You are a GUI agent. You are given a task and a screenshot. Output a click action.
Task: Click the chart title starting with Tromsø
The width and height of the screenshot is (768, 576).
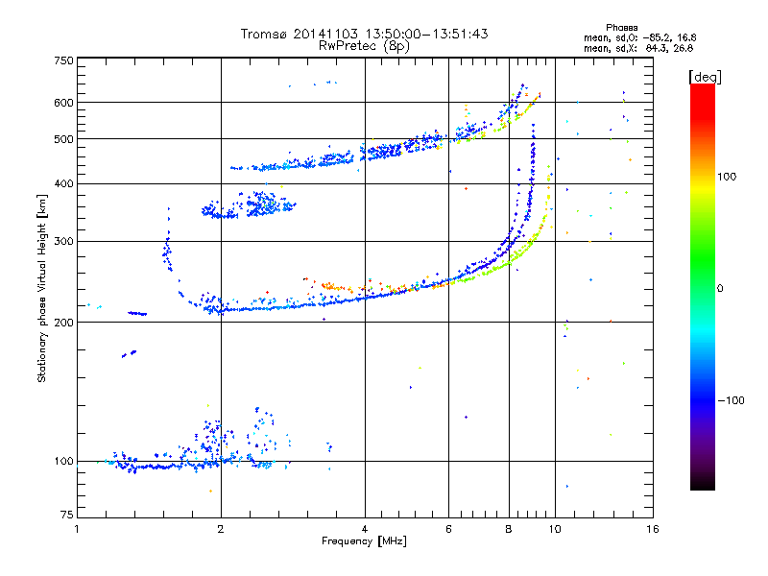click(365, 34)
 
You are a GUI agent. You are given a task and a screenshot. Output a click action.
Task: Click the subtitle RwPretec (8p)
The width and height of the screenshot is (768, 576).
click(365, 45)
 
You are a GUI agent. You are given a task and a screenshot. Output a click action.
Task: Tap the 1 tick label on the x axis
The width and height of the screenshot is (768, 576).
click(77, 529)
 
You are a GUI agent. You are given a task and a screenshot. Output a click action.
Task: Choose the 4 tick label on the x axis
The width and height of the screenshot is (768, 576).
click(365, 529)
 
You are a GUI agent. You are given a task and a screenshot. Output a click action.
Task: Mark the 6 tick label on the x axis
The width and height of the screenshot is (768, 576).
click(448, 529)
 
